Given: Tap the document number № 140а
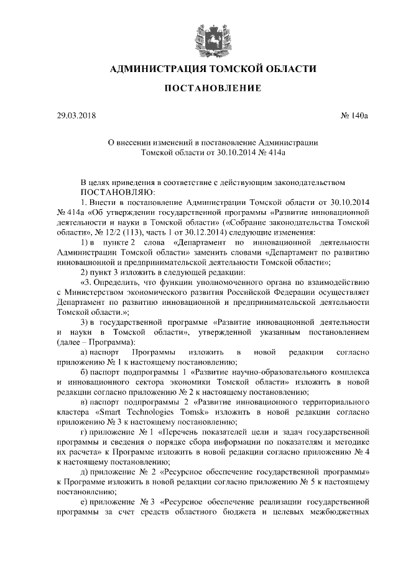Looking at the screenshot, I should point(354,116).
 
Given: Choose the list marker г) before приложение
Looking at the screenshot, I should point(86,432).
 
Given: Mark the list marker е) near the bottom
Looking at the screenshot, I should point(86,502).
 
